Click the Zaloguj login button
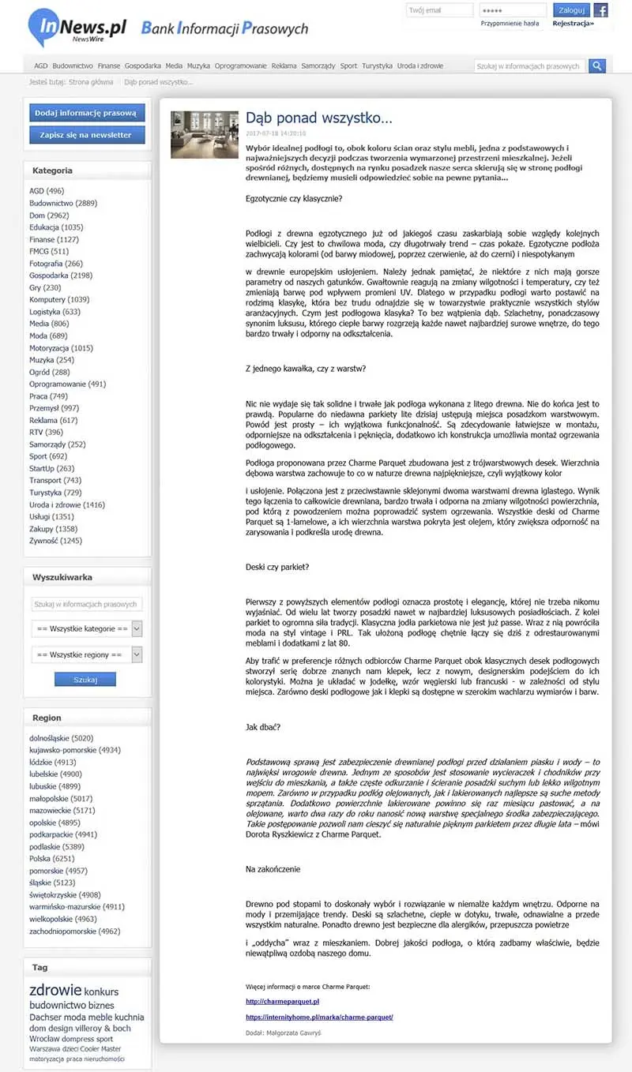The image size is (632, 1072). tap(571, 10)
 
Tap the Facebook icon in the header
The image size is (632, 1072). tap(601, 10)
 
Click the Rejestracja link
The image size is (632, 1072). tap(573, 24)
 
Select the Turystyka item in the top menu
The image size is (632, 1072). tap(377, 66)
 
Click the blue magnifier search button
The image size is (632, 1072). tap(597, 66)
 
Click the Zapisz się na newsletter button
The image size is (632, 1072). tap(87, 135)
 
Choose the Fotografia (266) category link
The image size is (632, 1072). tap(56, 264)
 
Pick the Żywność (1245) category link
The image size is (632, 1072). tap(55, 541)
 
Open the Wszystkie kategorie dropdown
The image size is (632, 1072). tap(87, 628)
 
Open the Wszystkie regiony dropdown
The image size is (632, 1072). tap(87, 654)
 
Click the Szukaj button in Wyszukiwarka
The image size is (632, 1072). tap(85, 680)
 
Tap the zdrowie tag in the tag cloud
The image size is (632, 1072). tap(55, 990)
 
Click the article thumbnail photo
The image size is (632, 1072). tap(199, 134)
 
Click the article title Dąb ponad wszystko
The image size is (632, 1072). tap(318, 118)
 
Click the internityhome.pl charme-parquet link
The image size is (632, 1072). tap(319, 1017)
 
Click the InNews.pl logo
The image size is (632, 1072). tap(77, 28)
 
